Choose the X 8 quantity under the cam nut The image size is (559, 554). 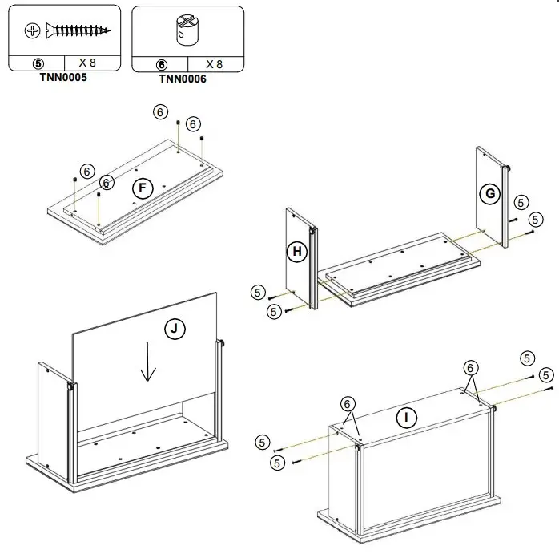pos(214,63)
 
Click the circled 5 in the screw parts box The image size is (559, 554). pos(37,63)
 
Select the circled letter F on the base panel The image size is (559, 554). pos(142,188)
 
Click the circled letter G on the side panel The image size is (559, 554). pos(490,192)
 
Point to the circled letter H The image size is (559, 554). pos(297,252)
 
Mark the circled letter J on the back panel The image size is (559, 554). pos(174,327)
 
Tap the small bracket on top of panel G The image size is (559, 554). pos(508,167)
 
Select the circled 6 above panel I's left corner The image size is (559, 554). pos(347,403)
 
